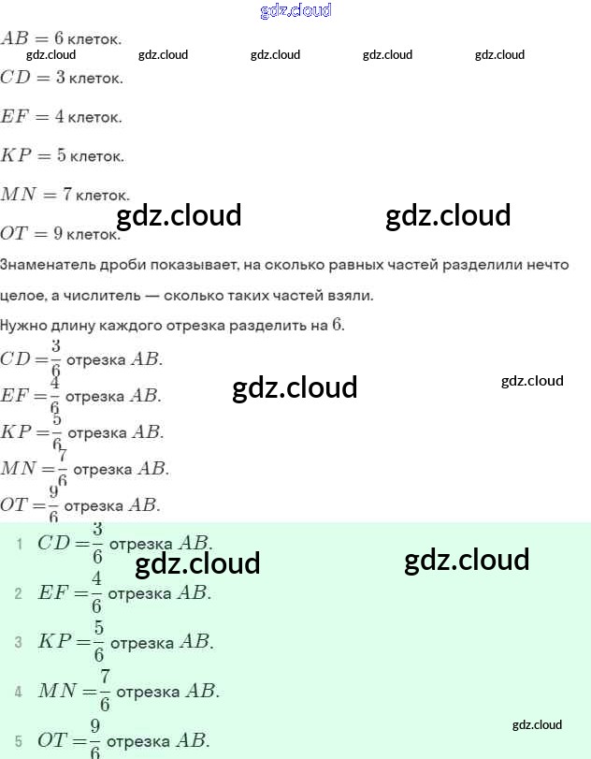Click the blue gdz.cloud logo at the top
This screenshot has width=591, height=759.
[295, 11]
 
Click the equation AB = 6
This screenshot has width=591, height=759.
[33, 39]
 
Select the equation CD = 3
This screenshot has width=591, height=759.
[33, 78]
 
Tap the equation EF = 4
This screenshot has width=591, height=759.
[33, 117]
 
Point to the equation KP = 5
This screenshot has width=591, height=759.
[34, 155]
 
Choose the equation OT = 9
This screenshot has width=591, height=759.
[33, 233]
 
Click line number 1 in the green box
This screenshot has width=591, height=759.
[19, 544]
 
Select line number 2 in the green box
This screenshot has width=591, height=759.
[19, 593]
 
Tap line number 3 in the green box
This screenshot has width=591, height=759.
[19, 643]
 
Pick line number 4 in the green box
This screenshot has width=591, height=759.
[19, 693]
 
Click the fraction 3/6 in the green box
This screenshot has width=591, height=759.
[96, 543]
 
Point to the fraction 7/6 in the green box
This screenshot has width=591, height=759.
[105, 692]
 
